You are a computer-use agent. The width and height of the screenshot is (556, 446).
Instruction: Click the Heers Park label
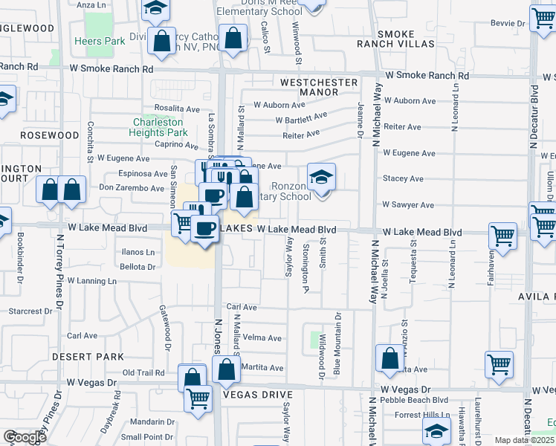coord(100,42)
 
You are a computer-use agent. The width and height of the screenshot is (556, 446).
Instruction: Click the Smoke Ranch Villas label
coord(405,39)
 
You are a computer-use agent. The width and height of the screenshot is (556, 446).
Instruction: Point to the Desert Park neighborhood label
coord(88,357)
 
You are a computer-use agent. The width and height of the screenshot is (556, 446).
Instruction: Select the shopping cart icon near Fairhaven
coord(503,236)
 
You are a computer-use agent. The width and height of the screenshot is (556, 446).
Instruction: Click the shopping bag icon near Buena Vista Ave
coord(389,358)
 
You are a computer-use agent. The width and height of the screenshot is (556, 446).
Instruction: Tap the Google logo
coord(25,437)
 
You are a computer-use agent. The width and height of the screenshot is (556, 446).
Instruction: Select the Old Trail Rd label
coord(143,372)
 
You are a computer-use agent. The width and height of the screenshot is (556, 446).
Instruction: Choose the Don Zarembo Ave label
coord(132,188)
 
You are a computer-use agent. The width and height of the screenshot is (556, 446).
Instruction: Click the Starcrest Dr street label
coord(33,311)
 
